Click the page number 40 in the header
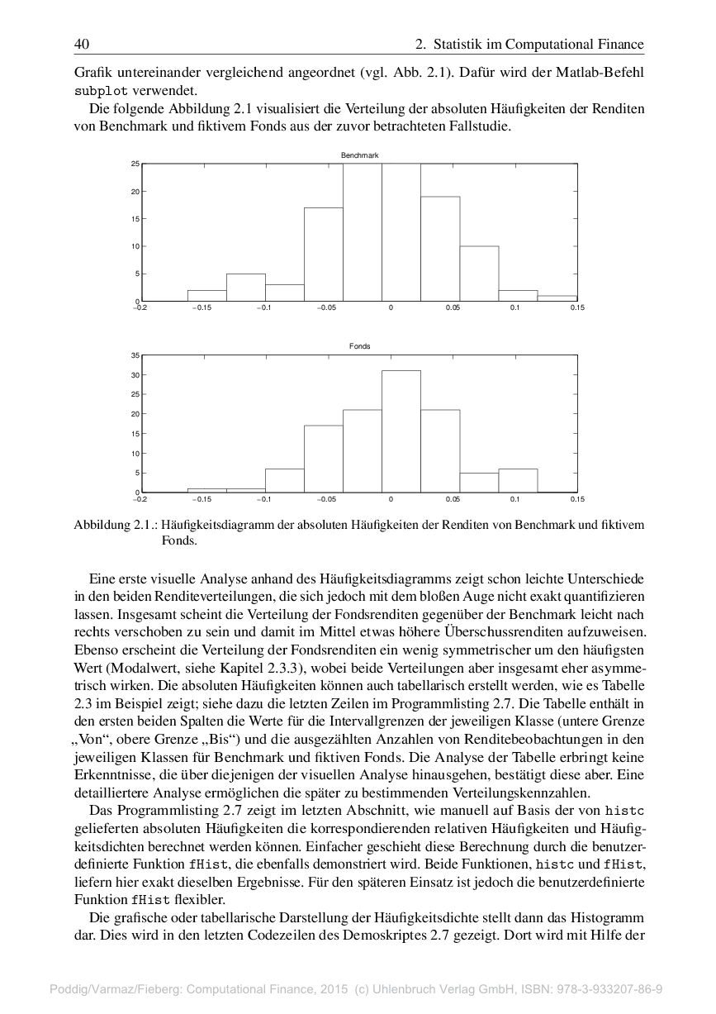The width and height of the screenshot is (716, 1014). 81,44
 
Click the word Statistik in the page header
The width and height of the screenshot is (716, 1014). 461,44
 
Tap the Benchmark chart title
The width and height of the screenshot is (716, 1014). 359,155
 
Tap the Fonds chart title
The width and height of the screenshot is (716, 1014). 359,346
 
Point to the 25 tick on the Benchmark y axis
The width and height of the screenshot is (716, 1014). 135,164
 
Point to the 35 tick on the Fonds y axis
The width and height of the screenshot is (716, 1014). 135,355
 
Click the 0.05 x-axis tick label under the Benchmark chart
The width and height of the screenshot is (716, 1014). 453,307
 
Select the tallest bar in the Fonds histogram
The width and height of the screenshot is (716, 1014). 401,431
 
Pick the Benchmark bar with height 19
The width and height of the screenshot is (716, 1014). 439,249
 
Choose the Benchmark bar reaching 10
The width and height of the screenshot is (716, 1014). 478,274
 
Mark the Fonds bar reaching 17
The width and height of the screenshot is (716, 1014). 323,459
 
